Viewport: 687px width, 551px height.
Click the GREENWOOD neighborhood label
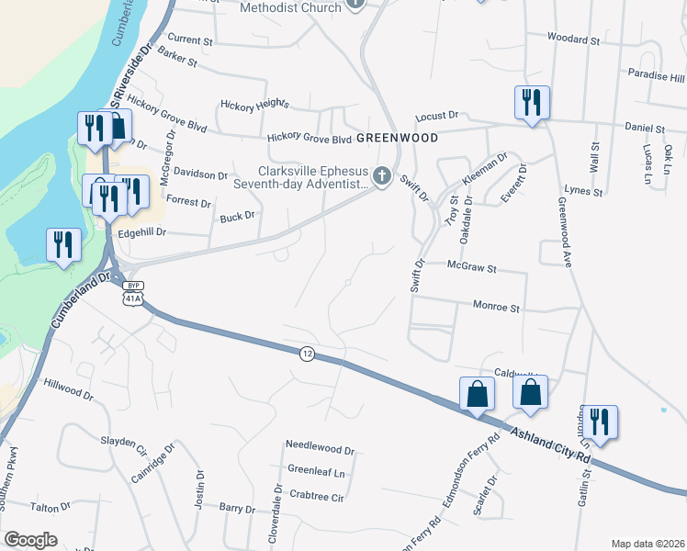[397, 137]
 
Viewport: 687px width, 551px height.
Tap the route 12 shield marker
[307, 353]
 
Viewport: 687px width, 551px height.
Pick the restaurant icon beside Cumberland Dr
[63, 244]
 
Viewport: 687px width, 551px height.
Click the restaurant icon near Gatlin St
[602, 421]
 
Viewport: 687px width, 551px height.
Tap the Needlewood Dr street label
[320, 450]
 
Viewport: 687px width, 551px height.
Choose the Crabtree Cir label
[315, 497]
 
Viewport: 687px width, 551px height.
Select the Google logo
[30, 540]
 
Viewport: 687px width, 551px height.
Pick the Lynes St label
[585, 192]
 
